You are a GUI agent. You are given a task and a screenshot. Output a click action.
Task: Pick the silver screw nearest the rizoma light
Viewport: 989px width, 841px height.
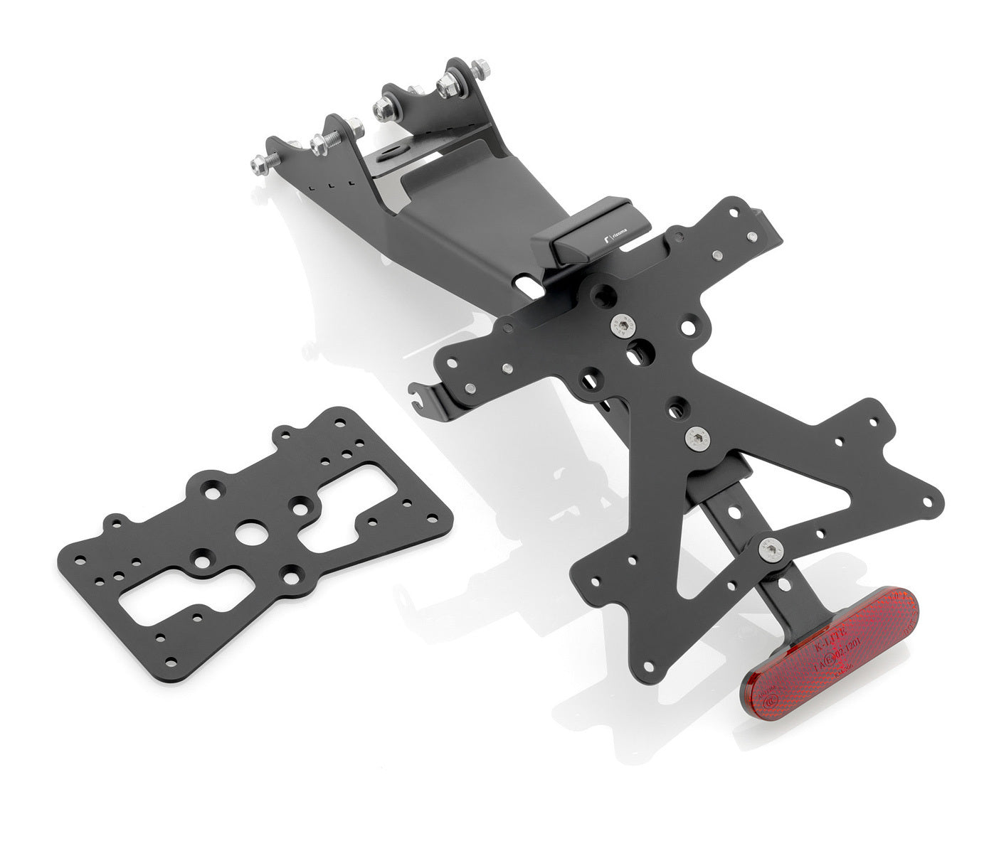622,326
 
